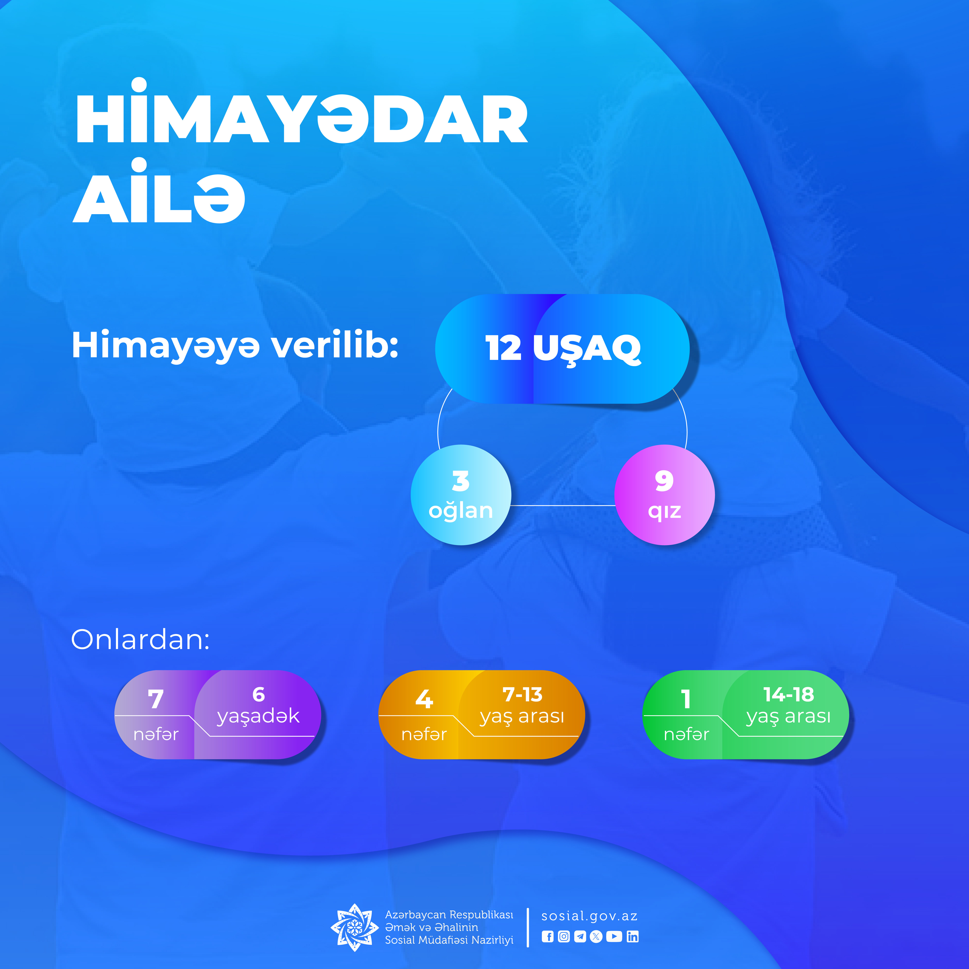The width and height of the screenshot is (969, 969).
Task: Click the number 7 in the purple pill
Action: pyautogui.click(x=156, y=699)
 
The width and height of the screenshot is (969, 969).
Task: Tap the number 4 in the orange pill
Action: pyautogui.click(x=424, y=699)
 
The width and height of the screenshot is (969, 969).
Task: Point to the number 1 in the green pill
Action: pyautogui.click(x=686, y=699)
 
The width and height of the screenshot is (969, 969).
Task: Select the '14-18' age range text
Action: pyautogui.click(x=788, y=695)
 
